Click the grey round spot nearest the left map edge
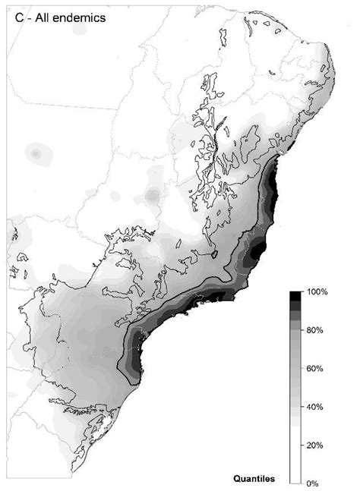[34, 153]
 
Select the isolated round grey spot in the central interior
[153, 197]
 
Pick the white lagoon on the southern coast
[112, 414]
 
